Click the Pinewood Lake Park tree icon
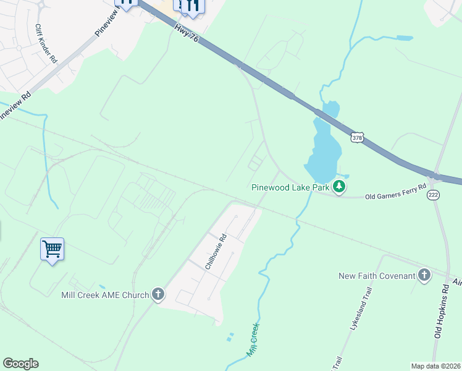[338, 186]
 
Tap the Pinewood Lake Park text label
[290, 187]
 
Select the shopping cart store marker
[52, 250]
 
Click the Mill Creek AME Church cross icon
[158, 294]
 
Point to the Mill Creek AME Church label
[105, 295]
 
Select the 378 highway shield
[356, 138]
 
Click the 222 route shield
[434, 194]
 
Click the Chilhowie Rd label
[216, 251]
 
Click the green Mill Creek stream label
[253, 339]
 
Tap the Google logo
[20, 364]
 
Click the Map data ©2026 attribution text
[435, 366]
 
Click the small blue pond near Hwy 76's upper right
[404, 38]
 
